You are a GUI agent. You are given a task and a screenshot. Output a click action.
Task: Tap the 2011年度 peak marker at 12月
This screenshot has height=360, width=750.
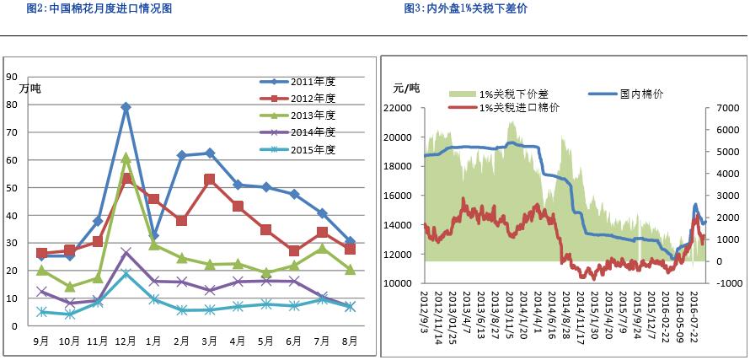pos(126,107)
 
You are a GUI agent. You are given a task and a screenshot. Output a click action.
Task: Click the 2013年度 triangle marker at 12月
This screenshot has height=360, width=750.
pos(126,157)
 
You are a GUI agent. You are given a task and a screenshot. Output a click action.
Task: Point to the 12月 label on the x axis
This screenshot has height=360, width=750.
pos(126,341)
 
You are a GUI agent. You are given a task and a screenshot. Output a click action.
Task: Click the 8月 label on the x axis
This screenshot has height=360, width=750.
pos(349,341)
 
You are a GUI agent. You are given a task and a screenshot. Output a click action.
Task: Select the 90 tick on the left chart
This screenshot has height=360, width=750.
pos(12,77)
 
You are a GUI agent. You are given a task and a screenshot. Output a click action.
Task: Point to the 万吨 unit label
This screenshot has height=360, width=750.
pos(30,89)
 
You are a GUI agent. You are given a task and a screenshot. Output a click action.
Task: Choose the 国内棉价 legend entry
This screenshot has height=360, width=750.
pos(640,94)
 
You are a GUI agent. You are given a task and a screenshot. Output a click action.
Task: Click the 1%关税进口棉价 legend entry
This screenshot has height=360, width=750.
pos(519,108)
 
